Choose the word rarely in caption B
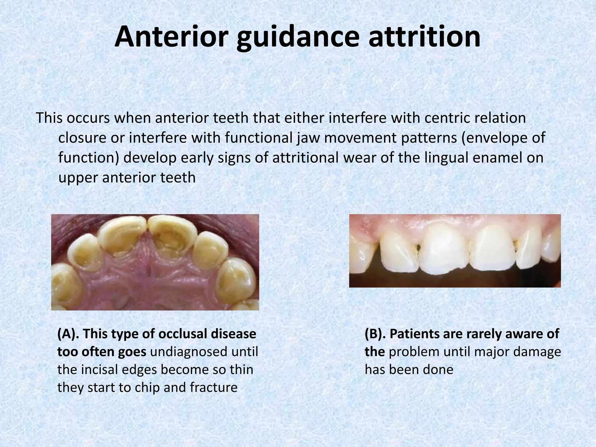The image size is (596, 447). pos(477,334)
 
